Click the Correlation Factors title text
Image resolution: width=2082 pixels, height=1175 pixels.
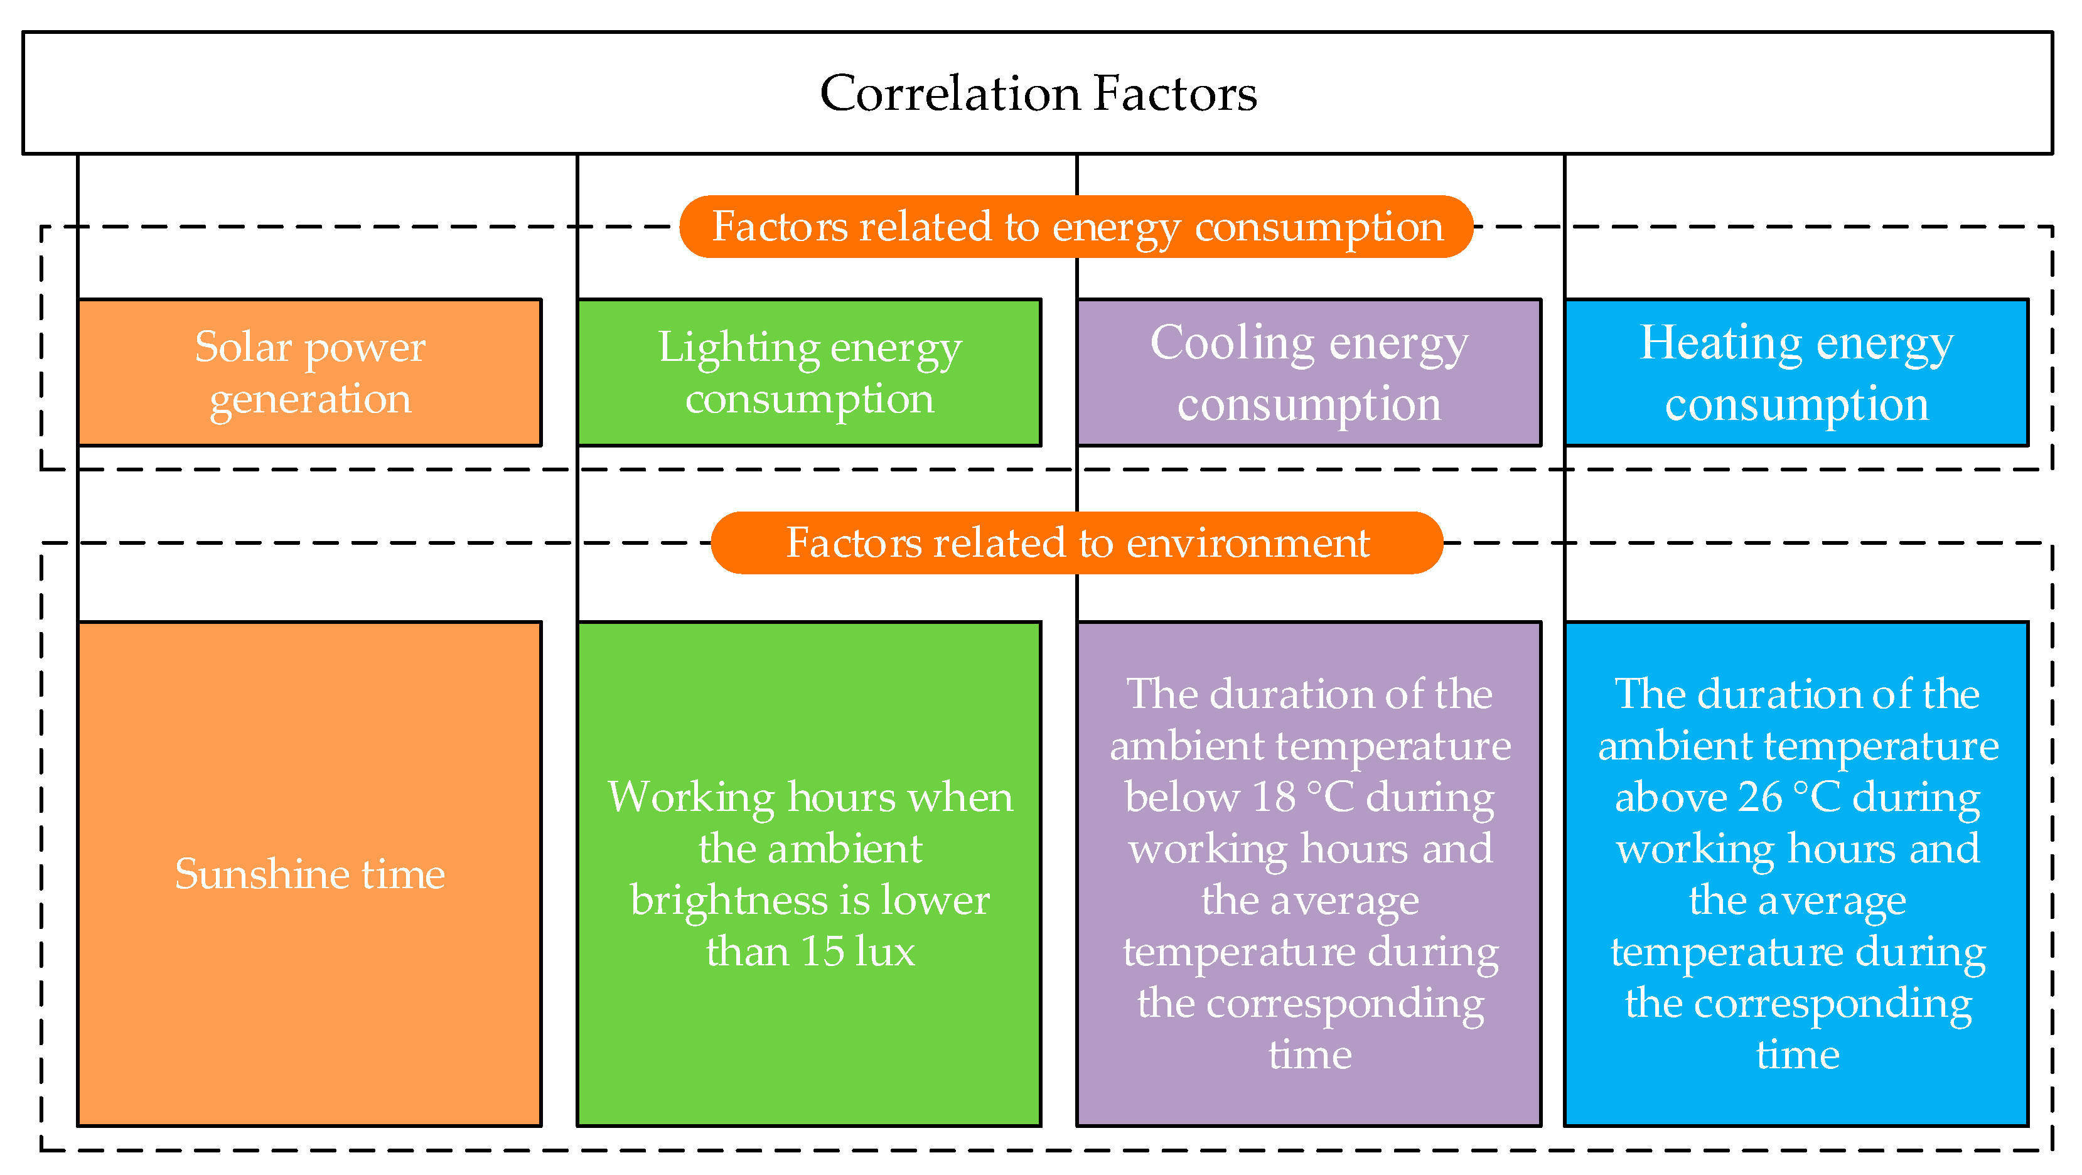tap(1039, 93)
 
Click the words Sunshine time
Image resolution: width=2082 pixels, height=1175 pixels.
tap(309, 874)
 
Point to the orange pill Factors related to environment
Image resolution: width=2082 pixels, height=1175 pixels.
tap(1076, 542)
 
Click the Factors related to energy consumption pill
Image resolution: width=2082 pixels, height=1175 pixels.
tap(1076, 226)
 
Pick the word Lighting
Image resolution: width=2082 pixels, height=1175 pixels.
tap(739, 348)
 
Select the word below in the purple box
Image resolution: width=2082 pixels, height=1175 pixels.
tap(1182, 797)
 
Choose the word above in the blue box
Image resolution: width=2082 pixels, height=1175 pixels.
tap(1671, 797)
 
